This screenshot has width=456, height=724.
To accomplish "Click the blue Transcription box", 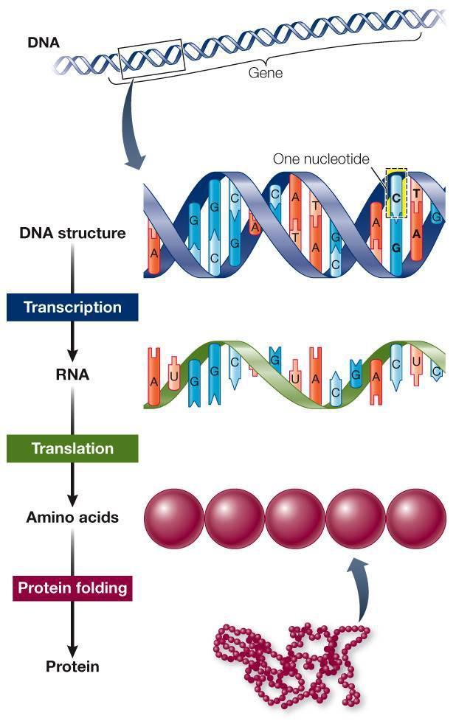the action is [72, 307].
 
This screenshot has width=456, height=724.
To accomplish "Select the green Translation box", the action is [72, 448].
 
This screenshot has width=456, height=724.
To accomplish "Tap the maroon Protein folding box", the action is [72, 588].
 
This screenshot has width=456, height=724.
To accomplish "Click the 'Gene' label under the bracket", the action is [265, 73].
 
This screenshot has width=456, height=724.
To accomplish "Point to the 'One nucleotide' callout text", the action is [321, 159].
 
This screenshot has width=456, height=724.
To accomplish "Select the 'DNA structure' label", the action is [72, 233].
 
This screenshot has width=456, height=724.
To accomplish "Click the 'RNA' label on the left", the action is [72, 375].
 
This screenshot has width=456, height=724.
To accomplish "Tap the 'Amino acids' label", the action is [72, 517].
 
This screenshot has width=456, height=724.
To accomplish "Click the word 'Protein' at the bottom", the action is [72, 666].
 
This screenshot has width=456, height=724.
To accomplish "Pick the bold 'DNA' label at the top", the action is [44, 43].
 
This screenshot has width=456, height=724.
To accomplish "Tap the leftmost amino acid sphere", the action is [174, 518].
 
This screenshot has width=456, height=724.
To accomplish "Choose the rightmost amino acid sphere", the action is [416, 518].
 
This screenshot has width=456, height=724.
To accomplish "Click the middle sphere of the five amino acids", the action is [295, 518].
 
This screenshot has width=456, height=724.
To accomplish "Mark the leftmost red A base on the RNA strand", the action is [154, 376].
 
